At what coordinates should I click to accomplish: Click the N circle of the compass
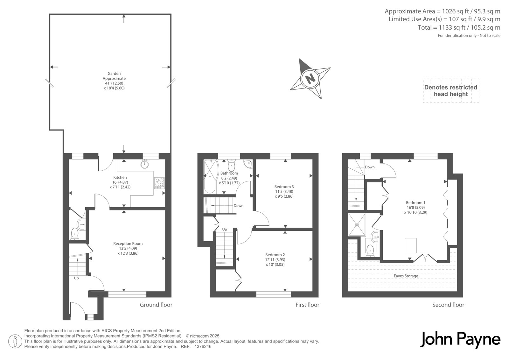click(310, 79)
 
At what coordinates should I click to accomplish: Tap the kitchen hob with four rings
click(159, 183)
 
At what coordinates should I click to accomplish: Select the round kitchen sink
click(144, 164)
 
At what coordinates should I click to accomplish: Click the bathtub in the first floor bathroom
click(211, 176)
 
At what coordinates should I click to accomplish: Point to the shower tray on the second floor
click(357, 224)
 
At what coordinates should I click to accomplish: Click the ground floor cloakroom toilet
click(74, 234)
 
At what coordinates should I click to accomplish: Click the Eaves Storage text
click(406, 276)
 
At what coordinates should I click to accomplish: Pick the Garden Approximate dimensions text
click(114, 81)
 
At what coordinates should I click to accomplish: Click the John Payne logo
click(460, 340)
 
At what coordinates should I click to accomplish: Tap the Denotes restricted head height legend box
click(451, 91)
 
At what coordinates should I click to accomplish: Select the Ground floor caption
click(156, 305)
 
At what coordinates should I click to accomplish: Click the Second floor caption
click(448, 305)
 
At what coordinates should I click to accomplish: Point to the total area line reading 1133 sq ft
click(459, 27)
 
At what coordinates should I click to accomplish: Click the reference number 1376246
click(203, 347)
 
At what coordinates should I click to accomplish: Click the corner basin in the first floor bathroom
click(248, 164)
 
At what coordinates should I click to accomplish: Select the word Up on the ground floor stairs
click(76, 278)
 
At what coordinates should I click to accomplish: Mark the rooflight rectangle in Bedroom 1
click(411, 246)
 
